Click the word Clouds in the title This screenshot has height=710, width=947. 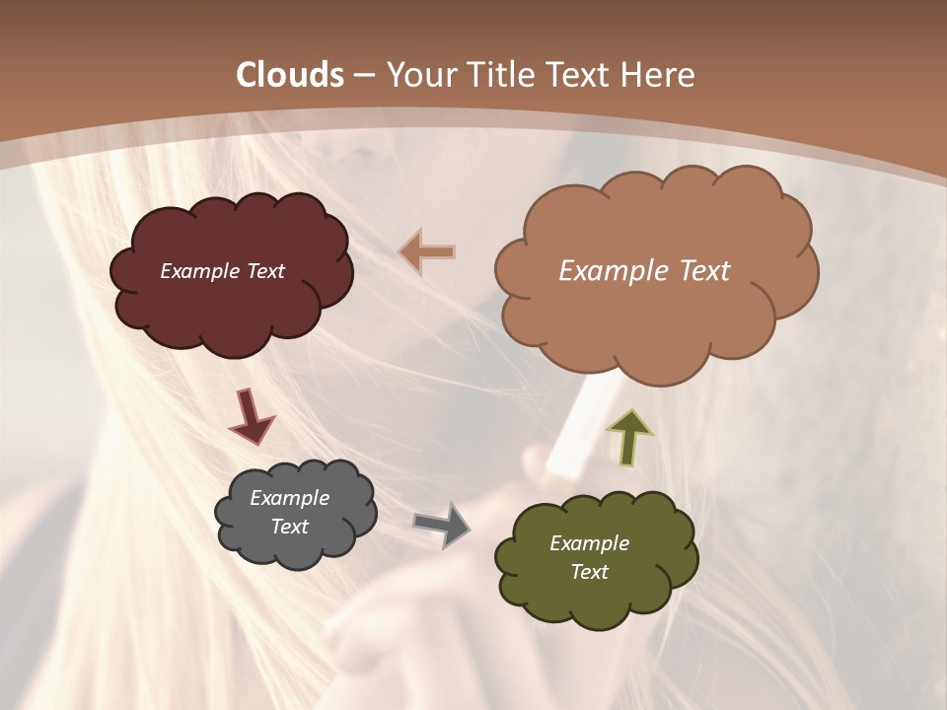[290, 75]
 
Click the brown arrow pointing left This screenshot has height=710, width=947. [428, 252]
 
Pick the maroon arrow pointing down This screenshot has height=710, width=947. [252, 416]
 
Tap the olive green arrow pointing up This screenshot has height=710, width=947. [628, 436]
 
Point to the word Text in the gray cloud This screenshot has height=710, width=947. [290, 527]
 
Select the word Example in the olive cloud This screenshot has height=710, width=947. [589, 543]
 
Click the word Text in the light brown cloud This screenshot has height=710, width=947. [696, 271]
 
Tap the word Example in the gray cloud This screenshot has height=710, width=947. [290, 498]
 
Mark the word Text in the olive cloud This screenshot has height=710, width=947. [589, 572]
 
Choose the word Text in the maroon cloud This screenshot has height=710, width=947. [265, 271]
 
